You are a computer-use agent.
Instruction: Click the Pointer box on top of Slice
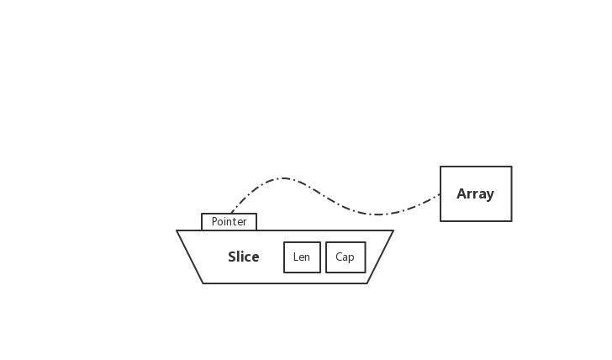coord(229,222)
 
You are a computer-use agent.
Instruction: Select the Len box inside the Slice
coord(302,257)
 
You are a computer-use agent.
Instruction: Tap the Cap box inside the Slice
coord(346,257)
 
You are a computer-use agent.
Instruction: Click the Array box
coord(476,193)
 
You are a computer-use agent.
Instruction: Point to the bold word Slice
coord(244,257)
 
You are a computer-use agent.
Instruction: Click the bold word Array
coord(475,194)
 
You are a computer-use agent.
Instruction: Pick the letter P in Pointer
coord(214,222)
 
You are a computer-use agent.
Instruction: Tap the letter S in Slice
coord(232,257)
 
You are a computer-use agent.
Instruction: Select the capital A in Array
coord(462,194)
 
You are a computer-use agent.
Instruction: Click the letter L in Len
coord(295,257)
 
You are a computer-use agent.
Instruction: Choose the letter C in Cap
coord(339,257)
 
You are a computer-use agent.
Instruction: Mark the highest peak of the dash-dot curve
coord(283,178)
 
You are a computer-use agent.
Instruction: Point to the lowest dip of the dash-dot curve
coord(376,214)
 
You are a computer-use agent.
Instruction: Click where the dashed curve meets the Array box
coord(440,195)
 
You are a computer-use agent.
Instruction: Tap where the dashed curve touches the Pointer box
coord(231,214)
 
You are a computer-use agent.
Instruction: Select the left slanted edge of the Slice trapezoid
coord(190,257)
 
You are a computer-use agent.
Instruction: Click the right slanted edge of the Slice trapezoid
coord(380,257)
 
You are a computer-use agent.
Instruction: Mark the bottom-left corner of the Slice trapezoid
coord(203,283)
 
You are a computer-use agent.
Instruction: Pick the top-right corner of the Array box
coord(511,167)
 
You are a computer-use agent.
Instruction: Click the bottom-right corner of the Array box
coord(511,221)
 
